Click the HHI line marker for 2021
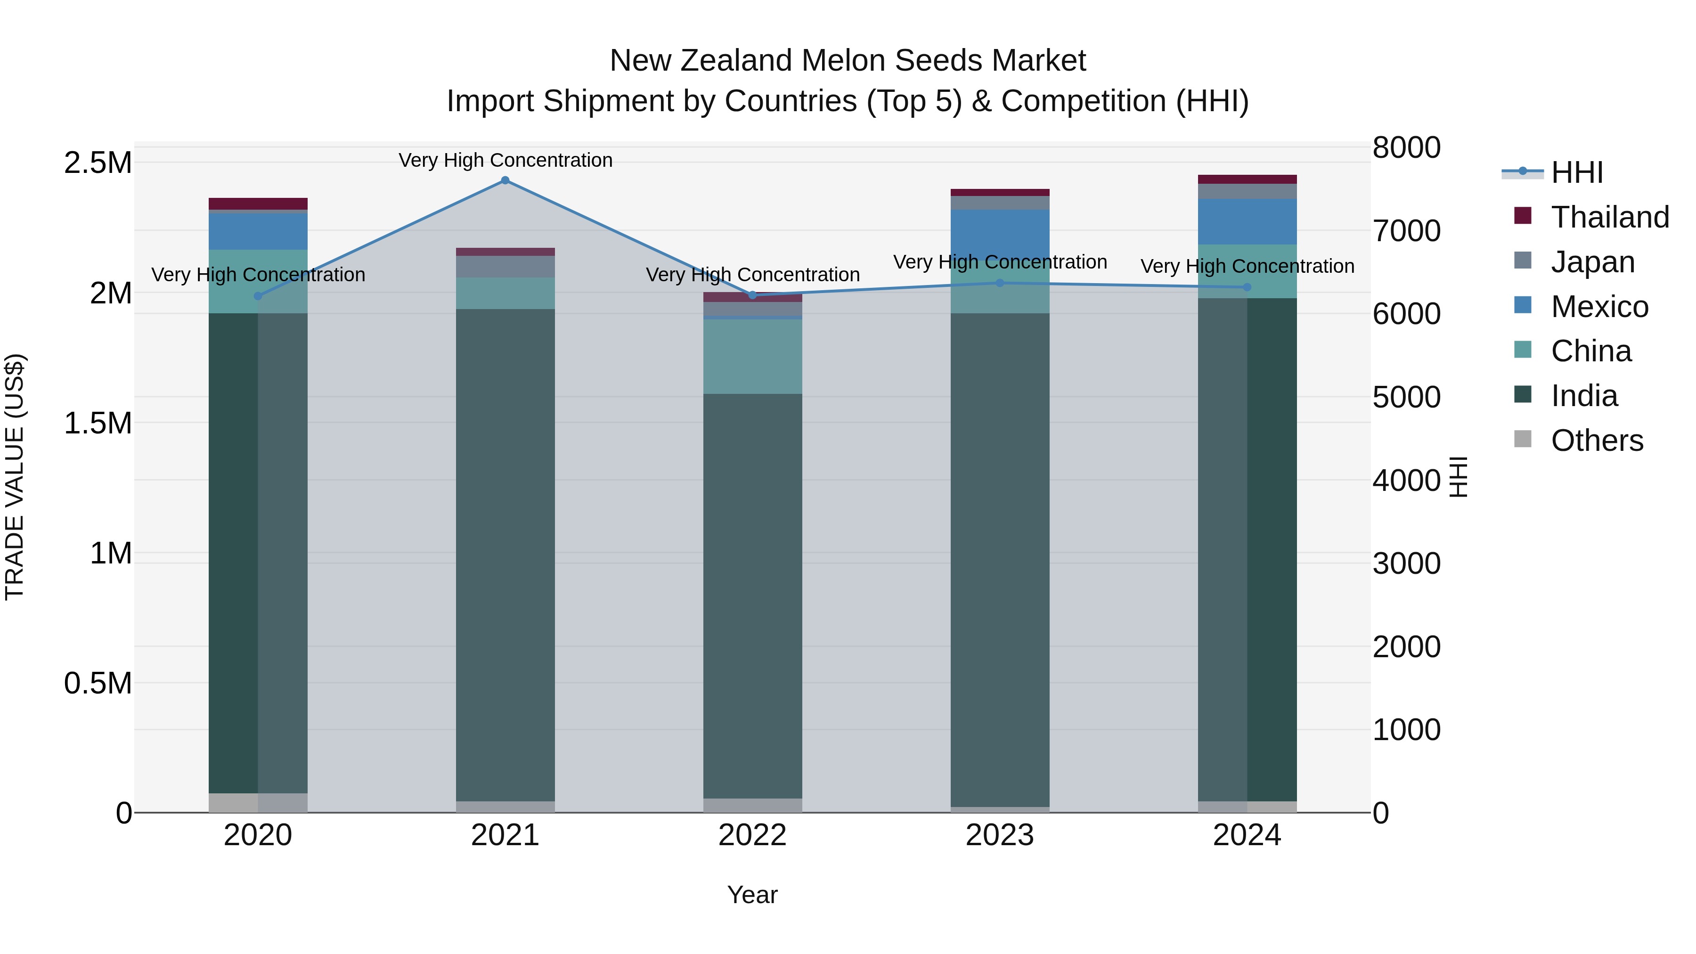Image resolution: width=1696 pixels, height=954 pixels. (505, 180)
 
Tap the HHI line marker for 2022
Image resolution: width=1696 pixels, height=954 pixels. (752, 295)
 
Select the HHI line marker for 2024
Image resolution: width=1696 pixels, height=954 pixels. (1247, 287)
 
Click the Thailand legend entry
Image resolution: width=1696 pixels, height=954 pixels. (1609, 217)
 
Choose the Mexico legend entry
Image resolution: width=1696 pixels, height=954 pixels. (1599, 307)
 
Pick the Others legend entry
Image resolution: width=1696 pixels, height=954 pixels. (1597, 440)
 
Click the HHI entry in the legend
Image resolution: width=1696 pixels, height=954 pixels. (1576, 172)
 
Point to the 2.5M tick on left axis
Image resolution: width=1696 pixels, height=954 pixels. (98, 163)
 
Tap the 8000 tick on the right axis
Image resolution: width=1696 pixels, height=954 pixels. (1406, 147)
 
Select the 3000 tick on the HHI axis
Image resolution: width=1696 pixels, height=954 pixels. (1406, 563)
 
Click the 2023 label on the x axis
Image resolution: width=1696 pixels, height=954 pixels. (999, 835)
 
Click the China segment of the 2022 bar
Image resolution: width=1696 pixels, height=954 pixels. (752, 356)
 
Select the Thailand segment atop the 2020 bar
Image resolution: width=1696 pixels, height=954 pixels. (258, 204)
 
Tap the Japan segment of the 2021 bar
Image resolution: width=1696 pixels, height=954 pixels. (505, 266)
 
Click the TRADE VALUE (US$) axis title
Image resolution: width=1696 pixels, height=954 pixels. (15, 477)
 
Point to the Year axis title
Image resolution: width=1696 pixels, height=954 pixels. (752, 895)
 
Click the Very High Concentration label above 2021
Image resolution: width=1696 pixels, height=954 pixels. (505, 160)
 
